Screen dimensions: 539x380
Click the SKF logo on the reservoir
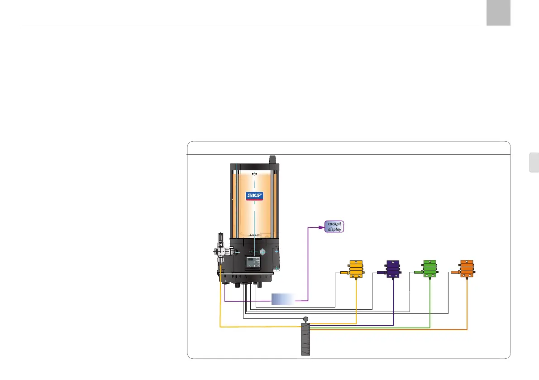coord(254,196)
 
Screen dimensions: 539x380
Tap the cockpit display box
coord(334,226)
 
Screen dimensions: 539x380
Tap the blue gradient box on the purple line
coord(283,299)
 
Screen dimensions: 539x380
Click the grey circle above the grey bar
coord(305,319)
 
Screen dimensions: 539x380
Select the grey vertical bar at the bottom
coord(306,340)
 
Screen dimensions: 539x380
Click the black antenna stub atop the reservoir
coord(272,160)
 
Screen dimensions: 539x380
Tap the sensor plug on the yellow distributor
coord(343,273)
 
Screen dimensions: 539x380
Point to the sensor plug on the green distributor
coord(417,272)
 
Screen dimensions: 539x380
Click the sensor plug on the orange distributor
coord(454,272)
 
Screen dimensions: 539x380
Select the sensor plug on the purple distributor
coord(381,273)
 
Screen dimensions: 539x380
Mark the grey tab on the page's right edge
coord(534,163)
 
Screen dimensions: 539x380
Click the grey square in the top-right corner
coord(498,13)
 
